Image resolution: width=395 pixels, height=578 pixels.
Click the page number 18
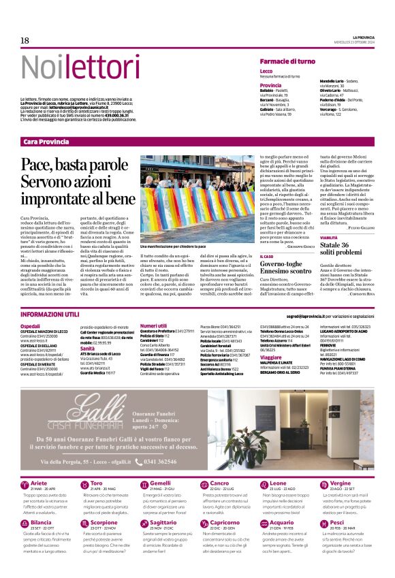25,41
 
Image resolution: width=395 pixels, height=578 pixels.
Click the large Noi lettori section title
71,67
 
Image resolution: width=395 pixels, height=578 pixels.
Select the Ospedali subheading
30,327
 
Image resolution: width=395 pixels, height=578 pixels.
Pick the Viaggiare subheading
270,357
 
